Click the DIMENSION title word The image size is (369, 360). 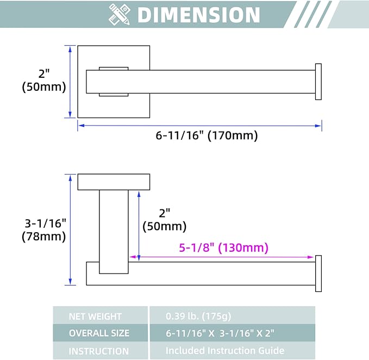tap(198, 15)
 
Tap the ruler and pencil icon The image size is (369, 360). tap(120, 15)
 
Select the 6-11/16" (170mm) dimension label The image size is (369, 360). tap(207, 135)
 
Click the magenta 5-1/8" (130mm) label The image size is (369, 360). tap(223, 247)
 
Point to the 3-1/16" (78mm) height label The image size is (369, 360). tap(44, 230)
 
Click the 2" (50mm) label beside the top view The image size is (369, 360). tap(44, 80)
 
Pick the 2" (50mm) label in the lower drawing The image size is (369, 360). tap(165, 220)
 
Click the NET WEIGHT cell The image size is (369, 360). tap(100, 315)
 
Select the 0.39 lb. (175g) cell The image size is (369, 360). tap(232, 315)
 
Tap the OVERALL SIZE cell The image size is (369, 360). tap(100, 333)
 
